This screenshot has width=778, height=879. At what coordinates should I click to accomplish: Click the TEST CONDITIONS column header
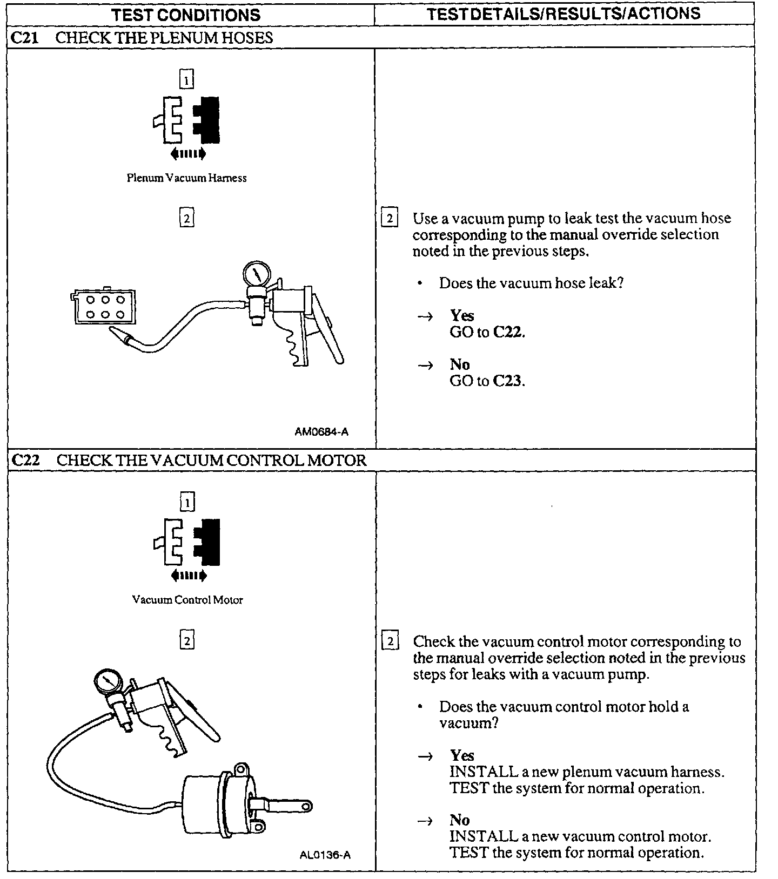pos(186,15)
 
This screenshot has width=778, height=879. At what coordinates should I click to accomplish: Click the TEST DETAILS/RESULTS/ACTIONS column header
pos(564,13)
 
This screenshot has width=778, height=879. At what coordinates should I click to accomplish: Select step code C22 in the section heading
pos(25,461)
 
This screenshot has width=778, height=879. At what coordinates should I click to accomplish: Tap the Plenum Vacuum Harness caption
pos(186,178)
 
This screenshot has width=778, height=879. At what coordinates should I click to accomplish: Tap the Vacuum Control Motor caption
pos(187,600)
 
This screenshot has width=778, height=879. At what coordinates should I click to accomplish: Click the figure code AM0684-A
pos(321,431)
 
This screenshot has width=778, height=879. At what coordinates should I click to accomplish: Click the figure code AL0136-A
pos(325,855)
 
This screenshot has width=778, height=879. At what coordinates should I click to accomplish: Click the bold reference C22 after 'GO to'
pos(508,332)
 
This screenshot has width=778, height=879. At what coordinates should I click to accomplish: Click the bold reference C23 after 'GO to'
pos(508,381)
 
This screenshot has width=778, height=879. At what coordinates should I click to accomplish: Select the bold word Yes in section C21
pos(462,315)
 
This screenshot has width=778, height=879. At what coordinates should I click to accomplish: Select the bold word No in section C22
pos(459,820)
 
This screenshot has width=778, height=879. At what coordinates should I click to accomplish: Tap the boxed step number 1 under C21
pos(186,80)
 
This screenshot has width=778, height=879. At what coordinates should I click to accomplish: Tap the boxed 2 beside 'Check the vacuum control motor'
pos(390,641)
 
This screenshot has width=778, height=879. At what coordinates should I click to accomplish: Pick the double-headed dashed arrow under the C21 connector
pos(188,154)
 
